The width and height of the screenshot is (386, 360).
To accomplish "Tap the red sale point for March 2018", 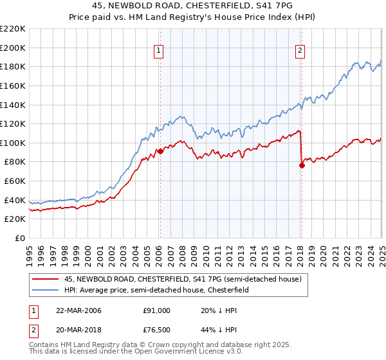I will [301, 165].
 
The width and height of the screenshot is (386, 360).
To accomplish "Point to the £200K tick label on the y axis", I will [13, 48].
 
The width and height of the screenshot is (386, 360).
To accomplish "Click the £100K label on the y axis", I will [13, 143].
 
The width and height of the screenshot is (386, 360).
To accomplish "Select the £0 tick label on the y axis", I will [20, 239].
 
